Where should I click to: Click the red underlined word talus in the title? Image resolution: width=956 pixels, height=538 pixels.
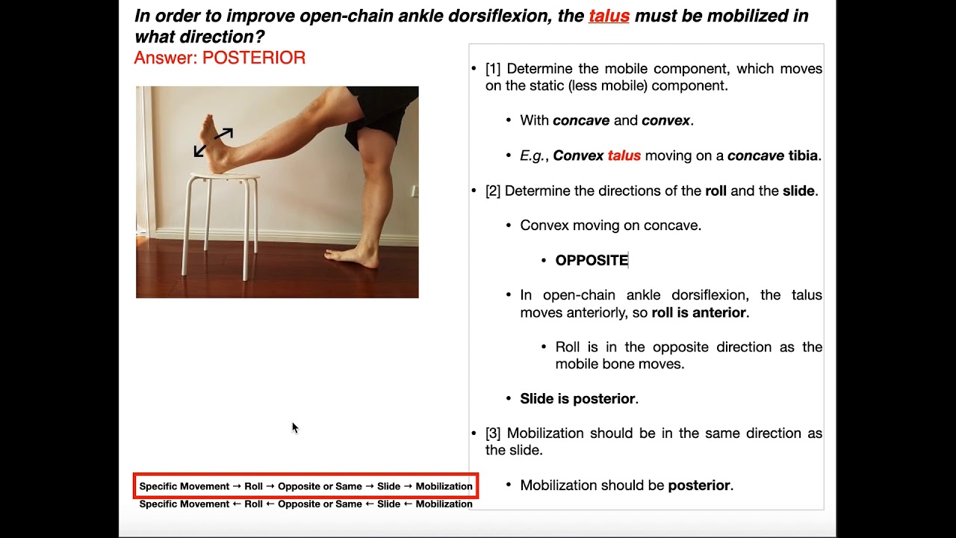coord(609,16)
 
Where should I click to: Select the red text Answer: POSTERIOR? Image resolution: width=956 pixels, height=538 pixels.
coord(220,58)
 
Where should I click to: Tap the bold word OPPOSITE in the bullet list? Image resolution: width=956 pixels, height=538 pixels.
coord(592,260)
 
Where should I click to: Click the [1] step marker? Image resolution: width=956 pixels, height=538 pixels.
coord(493,69)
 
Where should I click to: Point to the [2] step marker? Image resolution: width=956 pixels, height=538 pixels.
coord(493,191)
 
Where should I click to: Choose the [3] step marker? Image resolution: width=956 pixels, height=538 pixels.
coord(493,433)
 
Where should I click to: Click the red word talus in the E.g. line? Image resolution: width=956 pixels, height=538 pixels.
coord(624,155)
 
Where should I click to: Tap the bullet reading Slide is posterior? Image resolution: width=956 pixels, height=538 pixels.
coord(579,399)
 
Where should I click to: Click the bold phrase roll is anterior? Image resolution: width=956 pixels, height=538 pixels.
coord(699,312)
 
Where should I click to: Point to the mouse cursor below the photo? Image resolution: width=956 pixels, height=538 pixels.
coord(294,427)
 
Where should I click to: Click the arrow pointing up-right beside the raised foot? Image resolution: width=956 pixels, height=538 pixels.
coord(225,134)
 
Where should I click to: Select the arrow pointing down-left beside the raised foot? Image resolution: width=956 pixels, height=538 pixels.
coord(200,150)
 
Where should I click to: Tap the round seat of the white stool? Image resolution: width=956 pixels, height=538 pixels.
coord(225,178)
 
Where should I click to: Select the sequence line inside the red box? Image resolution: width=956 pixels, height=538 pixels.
coord(305,486)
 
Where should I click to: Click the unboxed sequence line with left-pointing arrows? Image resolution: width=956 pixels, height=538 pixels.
coord(305,504)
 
